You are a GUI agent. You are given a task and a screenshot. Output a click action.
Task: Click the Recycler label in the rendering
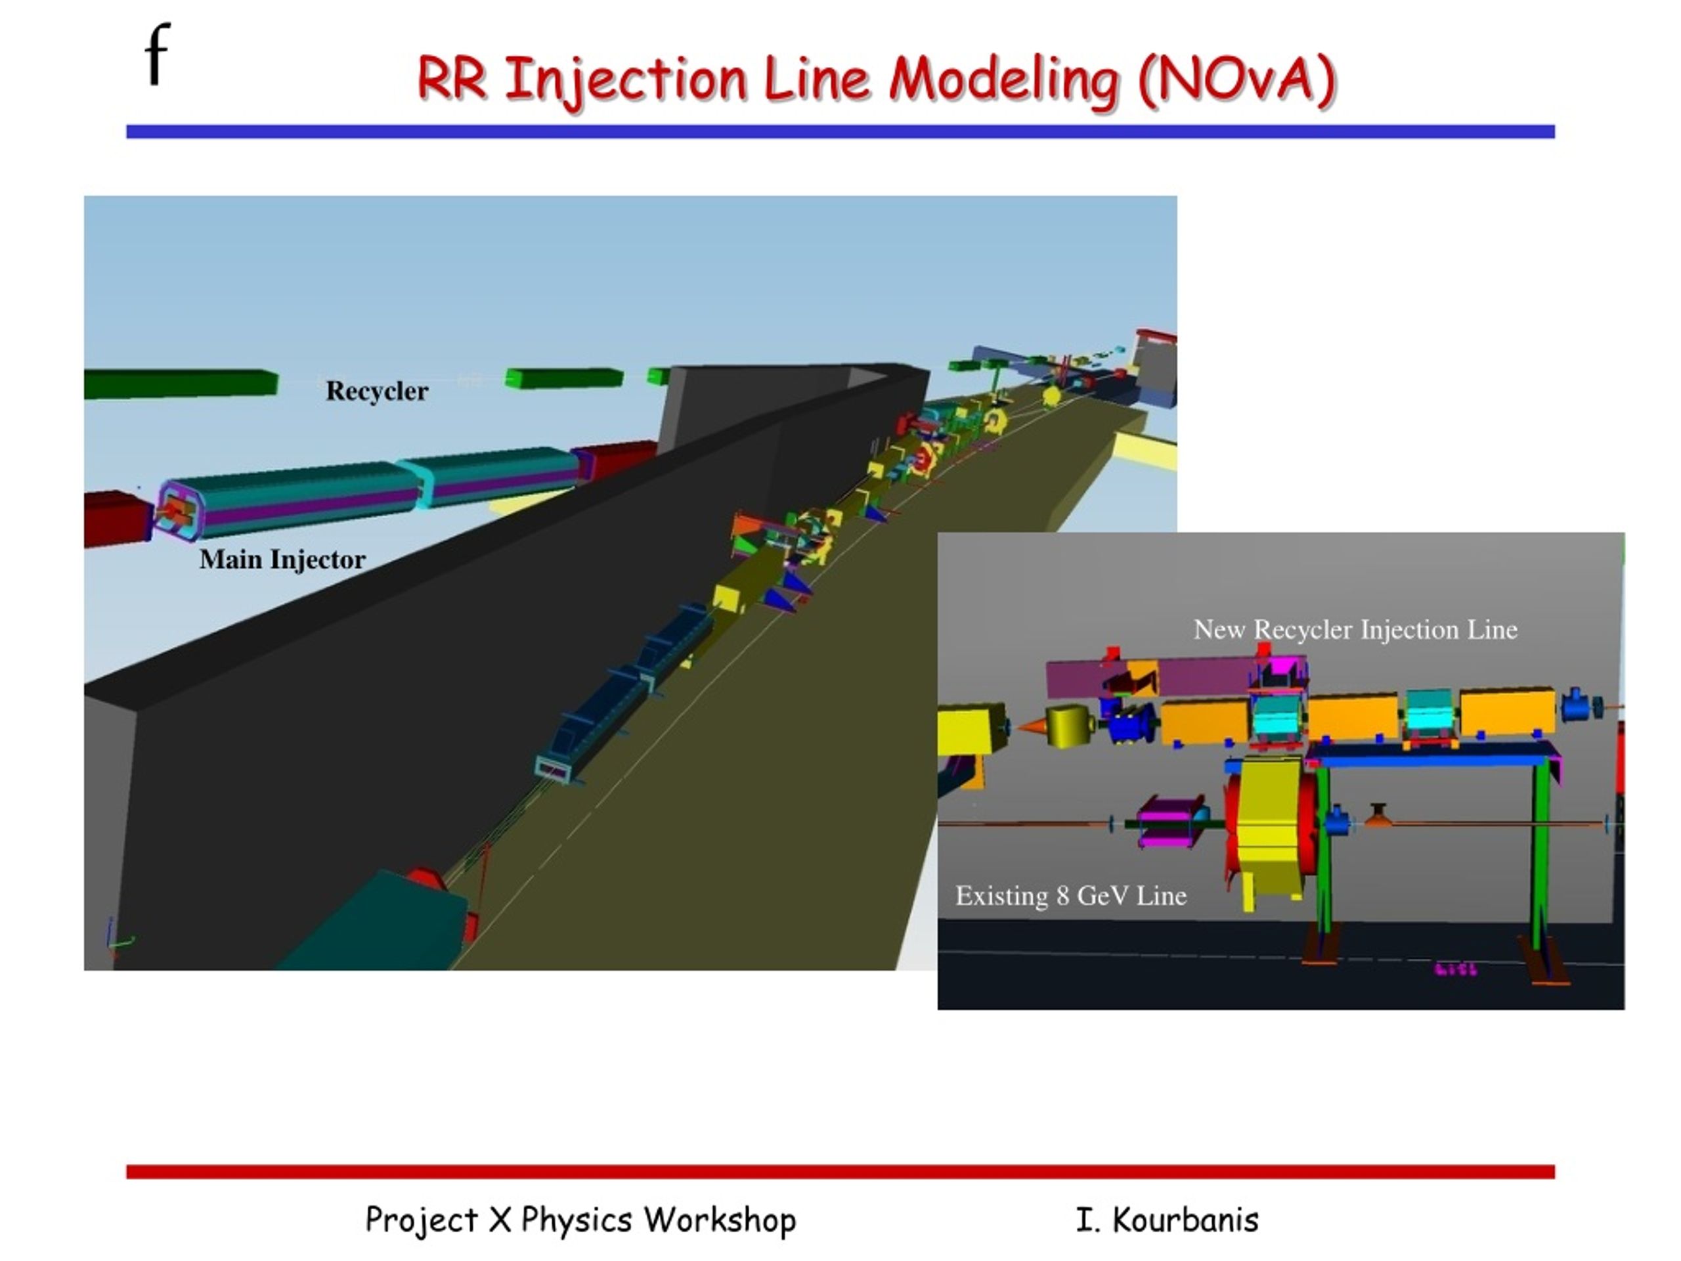(x=377, y=391)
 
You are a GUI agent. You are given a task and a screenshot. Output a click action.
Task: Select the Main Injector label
(x=283, y=560)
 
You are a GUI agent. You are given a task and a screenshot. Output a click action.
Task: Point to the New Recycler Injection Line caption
(x=1355, y=629)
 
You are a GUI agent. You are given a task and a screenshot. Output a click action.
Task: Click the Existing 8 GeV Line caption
(x=1071, y=895)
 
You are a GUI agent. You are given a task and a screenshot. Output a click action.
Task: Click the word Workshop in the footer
(x=720, y=1220)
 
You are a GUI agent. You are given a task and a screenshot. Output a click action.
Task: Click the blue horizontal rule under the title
(x=840, y=131)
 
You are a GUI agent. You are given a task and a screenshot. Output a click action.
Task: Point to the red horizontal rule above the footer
(x=840, y=1171)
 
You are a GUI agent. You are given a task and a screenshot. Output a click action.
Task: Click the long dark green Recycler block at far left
(x=181, y=384)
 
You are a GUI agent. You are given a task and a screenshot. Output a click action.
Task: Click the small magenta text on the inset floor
(x=1456, y=969)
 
